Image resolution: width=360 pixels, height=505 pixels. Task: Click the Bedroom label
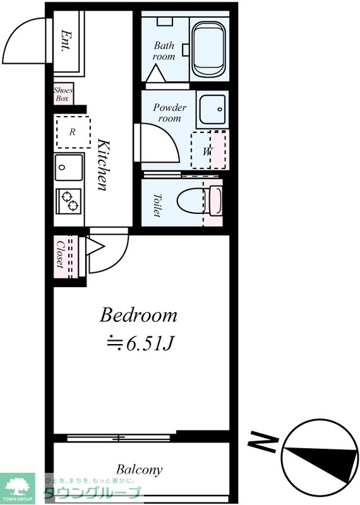click(138, 315)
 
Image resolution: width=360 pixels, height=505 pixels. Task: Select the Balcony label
click(139, 470)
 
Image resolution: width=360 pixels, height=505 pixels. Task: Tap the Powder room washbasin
click(212, 109)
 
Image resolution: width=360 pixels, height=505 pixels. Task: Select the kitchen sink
click(69, 167)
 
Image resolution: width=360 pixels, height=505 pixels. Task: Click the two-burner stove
click(69, 201)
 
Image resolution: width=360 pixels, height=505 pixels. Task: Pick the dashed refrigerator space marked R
click(73, 132)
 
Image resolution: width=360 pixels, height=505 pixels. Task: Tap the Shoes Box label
click(63, 94)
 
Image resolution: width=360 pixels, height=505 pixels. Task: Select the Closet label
click(60, 254)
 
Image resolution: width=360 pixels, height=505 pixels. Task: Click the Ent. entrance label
click(66, 41)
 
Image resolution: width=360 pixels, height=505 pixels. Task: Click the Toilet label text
click(157, 206)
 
